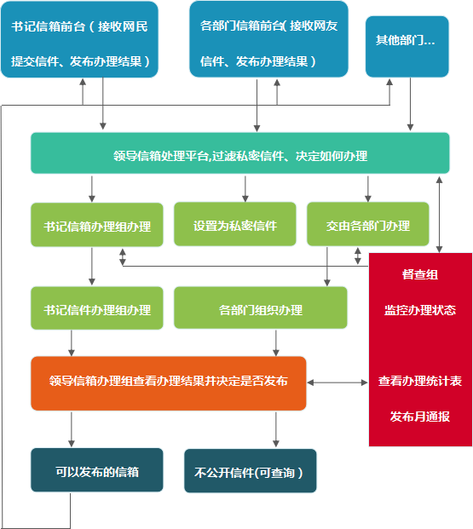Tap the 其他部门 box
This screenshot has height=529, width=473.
pyautogui.click(x=406, y=41)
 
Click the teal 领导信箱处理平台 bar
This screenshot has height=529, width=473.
pyautogui.click(x=239, y=154)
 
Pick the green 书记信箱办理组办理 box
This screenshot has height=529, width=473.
pyautogui.click(x=97, y=225)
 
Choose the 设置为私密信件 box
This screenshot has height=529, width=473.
pyautogui.click(x=235, y=225)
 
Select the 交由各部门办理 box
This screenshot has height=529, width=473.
pyautogui.click(x=367, y=225)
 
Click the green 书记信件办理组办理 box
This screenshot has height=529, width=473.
pyautogui.click(x=97, y=308)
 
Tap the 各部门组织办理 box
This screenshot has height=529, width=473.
pyautogui.click(x=260, y=308)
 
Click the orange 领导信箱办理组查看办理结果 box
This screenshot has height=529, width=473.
pyautogui.click(x=168, y=382)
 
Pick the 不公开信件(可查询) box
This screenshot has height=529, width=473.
pyautogui.click(x=250, y=471)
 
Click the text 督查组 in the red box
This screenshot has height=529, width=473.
pyautogui.click(x=419, y=275)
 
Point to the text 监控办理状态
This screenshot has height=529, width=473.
pyautogui.click(x=419, y=309)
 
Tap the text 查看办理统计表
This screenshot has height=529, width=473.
pyautogui.click(x=419, y=381)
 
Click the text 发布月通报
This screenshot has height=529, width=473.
pyautogui.click(x=419, y=417)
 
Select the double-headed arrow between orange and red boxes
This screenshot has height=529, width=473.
pyautogui.click(x=337, y=382)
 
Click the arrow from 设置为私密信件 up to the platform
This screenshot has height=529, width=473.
pyautogui.click(x=245, y=188)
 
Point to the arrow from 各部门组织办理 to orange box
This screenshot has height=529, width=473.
pyautogui.click(x=275, y=342)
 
